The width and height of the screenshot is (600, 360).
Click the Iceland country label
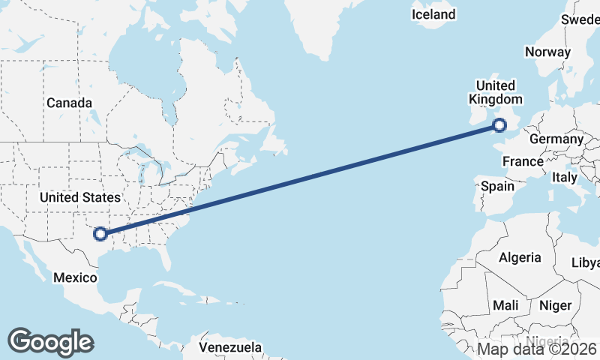point(433,14)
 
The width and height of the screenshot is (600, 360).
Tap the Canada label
point(69,103)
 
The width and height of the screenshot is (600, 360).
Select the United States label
point(79,197)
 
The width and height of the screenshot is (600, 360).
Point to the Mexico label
point(75,277)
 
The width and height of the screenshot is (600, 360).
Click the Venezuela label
point(231,347)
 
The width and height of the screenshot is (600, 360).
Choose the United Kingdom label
point(495,92)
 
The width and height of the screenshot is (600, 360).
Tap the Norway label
point(548,52)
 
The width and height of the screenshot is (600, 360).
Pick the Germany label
point(556,139)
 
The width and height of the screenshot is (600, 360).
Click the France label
point(523,161)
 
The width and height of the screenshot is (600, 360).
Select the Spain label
point(497,185)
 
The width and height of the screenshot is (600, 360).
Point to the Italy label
point(564,178)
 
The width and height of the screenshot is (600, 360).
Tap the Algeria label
point(520,257)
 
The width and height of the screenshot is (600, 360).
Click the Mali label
point(505,306)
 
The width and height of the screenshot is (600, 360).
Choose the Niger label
point(555,305)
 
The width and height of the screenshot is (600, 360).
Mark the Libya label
point(586,262)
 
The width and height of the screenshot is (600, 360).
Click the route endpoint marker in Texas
point(100,234)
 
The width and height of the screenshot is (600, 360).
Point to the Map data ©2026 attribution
point(538,349)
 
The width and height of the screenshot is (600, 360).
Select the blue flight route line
point(300,180)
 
